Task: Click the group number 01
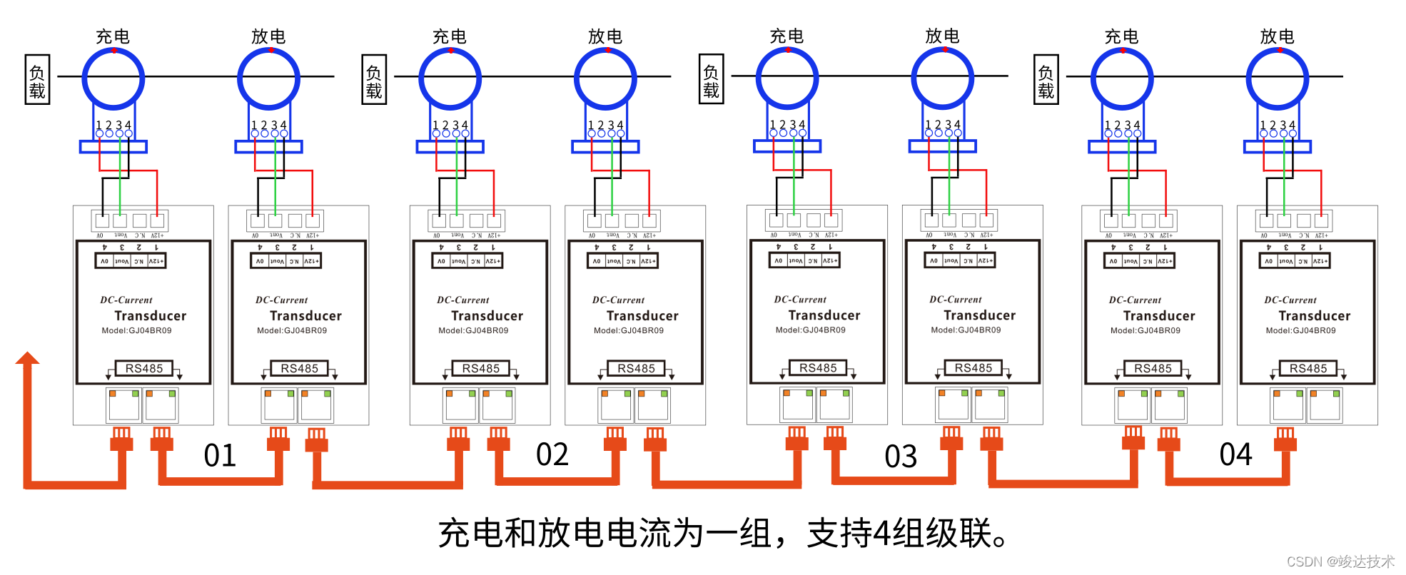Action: click(x=220, y=456)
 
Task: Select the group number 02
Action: click(x=552, y=454)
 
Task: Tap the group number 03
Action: click(x=901, y=457)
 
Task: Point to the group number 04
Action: click(x=1235, y=454)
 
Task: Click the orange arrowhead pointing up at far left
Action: click(x=28, y=358)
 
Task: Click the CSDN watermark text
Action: click(x=1340, y=561)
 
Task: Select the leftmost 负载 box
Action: click(x=37, y=80)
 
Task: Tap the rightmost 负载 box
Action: click(x=1046, y=80)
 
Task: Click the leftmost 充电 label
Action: click(x=113, y=36)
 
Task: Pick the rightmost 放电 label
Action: click(x=1277, y=36)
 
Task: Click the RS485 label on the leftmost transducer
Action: click(x=144, y=368)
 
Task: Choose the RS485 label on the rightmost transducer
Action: click(x=1308, y=368)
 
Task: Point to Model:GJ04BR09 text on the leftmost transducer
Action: click(x=136, y=330)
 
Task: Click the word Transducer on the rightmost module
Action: click(x=1314, y=315)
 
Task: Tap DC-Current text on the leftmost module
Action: click(x=126, y=300)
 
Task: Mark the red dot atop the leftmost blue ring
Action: click(x=113, y=51)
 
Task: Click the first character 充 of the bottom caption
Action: click(x=454, y=534)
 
